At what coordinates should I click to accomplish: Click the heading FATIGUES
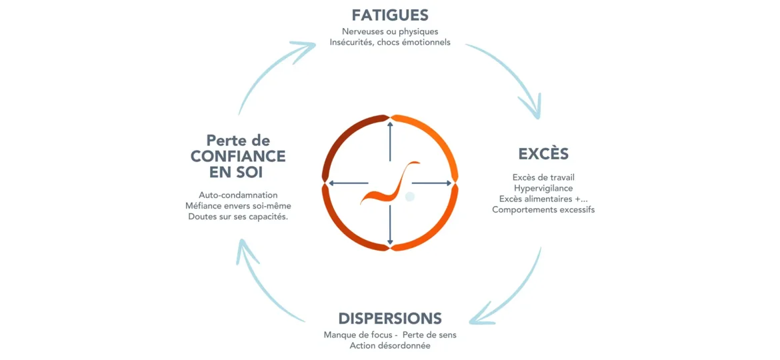(x=390, y=15)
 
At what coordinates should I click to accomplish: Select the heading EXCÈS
(x=543, y=154)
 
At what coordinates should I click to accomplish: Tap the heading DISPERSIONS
(x=390, y=318)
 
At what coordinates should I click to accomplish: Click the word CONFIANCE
(x=238, y=157)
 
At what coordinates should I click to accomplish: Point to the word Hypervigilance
(x=543, y=188)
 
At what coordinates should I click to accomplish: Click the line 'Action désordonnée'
(x=390, y=345)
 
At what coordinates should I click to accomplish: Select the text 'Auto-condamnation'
(x=238, y=195)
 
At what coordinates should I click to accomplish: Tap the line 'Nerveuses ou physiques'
(x=390, y=31)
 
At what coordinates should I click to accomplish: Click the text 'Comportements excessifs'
(x=543, y=209)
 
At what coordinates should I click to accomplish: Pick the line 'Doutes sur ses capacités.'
(x=238, y=217)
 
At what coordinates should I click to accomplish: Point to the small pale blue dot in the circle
(x=410, y=196)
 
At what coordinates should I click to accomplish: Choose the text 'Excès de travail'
(x=543, y=177)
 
